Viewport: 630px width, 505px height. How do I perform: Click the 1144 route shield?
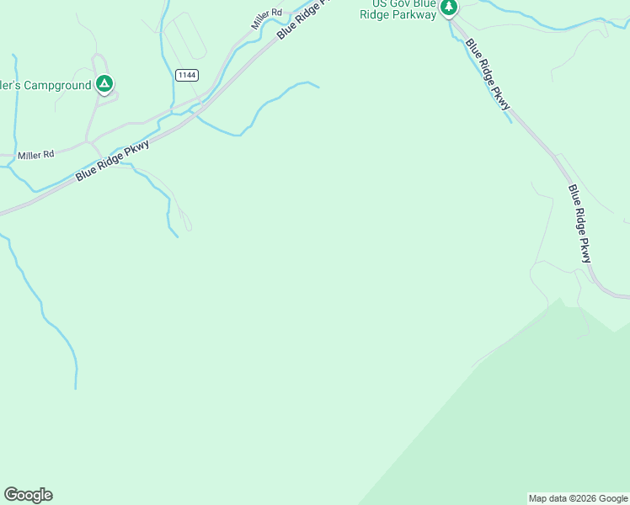pos(187,75)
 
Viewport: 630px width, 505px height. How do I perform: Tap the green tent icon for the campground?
pos(104,83)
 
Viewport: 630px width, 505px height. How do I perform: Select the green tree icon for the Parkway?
pos(449,8)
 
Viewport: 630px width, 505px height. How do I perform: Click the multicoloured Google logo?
pos(28,495)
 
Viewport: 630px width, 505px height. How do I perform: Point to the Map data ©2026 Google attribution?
pos(578,498)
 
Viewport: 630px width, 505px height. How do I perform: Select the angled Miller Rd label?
pos(267,19)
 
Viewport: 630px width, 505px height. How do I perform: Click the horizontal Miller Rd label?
pos(35,154)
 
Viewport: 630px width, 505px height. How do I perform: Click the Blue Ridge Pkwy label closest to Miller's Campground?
pos(112,160)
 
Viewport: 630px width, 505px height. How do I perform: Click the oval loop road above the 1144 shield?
pos(185,38)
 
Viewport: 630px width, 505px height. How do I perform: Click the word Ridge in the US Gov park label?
pos(376,13)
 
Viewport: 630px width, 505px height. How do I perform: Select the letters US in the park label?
pos(376,3)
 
